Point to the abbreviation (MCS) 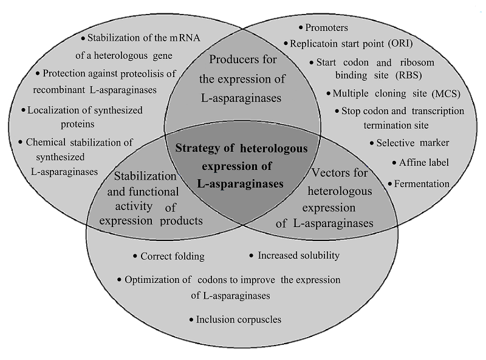[x=447, y=93]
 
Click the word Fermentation [x=422, y=183]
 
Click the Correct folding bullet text [x=173, y=256]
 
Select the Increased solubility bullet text [x=298, y=256]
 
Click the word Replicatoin [x=318, y=44]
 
